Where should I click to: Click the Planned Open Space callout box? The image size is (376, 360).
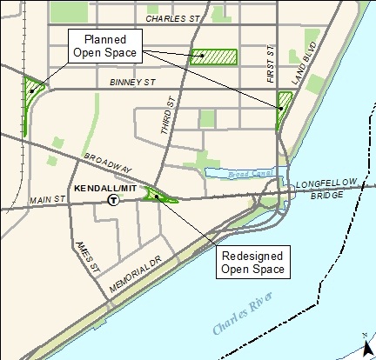pyautogui.click(x=104, y=46)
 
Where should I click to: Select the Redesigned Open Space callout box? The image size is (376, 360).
pyautogui.click(x=252, y=262)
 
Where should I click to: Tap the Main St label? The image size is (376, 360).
pyautogui.click(x=48, y=200)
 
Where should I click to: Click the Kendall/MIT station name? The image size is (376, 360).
pyautogui.click(x=105, y=188)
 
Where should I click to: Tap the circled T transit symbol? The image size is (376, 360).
pyautogui.click(x=113, y=200)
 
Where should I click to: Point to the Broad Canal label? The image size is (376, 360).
pyautogui.click(x=237, y=172)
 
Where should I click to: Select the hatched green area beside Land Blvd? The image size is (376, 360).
pyautogui.click(x=283, y=109)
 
